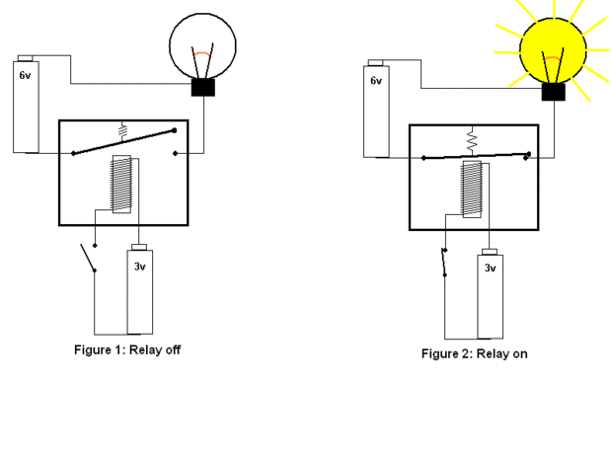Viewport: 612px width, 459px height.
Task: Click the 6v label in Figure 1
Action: [x=25, y=75]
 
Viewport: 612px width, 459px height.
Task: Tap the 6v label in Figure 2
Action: [x=376, y=80]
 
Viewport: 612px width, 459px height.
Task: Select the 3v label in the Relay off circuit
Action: [x=140, y=267]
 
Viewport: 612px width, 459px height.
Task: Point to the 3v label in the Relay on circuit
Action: [x=491, y=268]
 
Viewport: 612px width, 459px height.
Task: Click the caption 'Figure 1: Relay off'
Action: [x=127, y=349]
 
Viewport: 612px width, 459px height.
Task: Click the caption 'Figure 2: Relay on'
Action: [x=474, y=353]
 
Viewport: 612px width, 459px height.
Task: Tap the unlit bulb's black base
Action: [x=203, y=88]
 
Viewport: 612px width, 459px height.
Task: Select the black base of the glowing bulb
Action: [x=554, y=92]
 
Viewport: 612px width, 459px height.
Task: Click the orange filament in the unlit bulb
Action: [x=202, y=54]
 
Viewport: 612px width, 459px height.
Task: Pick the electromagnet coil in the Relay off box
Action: [x=121, y=185]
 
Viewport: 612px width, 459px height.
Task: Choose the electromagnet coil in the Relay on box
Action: [x=472, y=189]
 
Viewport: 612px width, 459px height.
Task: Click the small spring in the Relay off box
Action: [x=123, y=132]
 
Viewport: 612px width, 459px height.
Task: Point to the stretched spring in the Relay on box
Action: [x=472, y=142]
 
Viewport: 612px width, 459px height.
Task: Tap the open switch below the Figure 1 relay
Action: [x=88, y=258]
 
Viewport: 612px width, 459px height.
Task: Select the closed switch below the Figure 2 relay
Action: [x=444, y=263]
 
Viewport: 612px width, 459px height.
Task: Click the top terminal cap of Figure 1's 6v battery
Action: [x=25, y=58]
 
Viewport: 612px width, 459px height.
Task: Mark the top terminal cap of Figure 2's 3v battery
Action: [x=490, y=252]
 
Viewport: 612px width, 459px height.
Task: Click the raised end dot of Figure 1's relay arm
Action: [x=174, y=130]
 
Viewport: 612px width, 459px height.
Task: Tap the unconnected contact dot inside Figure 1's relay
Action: [x=176, y=153]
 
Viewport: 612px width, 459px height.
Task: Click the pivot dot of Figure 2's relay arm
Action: [x=423, y=158]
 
